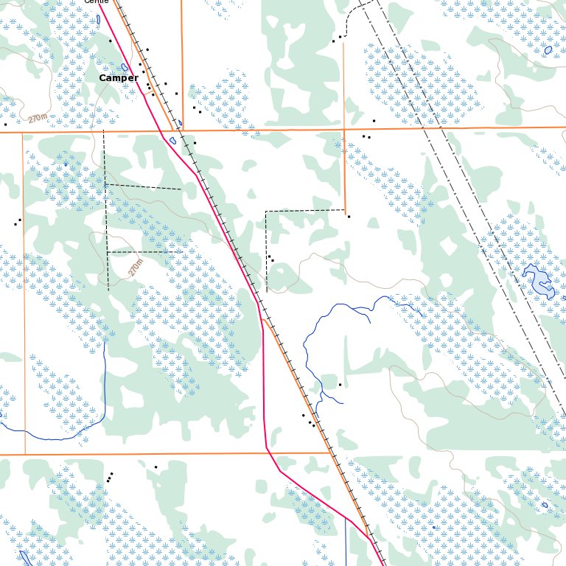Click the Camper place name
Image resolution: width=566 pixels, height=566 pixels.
click(x=119, y=78)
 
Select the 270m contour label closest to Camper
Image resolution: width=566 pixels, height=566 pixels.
click(x=38, y=118)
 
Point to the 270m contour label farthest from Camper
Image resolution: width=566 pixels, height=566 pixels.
click(x=136, y=267)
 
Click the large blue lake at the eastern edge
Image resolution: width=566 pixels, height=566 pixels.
click(x=539, y=280)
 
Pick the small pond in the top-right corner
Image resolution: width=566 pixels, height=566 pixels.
click(x=548, y=50)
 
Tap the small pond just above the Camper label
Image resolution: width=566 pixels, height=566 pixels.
click(x=125, y=67)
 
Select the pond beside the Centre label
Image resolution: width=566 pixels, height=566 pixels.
click(x=99, y=18)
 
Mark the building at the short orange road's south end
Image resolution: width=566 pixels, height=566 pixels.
click(x=349, y=216)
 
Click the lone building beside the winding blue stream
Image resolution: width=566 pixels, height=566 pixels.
click(x=340, y=385)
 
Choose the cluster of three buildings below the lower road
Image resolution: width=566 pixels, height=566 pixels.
click(x=110, y=478)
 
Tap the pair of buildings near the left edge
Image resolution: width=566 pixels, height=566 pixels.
click(x=18, y=221)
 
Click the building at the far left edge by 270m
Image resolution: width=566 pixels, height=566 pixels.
click(x=5, y=124)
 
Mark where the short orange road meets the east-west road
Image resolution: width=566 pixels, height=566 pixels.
click(x=343, y=130)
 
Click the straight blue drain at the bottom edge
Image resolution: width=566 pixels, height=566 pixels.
click(x=346, y=542)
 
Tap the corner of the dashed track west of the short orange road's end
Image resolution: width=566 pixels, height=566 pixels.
click(x=266, y=212)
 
